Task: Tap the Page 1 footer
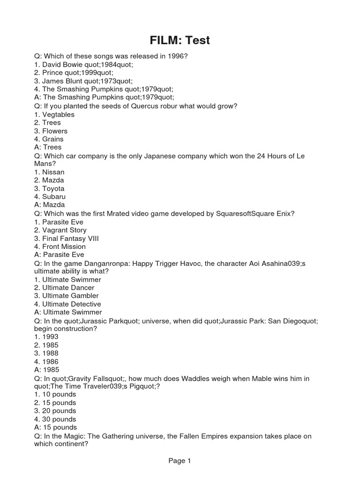(180, 461)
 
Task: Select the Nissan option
(53, 172)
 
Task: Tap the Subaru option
(54, 197)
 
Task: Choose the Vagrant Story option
(64, 230)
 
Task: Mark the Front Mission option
(64, 247)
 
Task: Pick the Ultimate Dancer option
(68, 288)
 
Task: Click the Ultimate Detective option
(70, 304)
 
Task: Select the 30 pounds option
(59, 419)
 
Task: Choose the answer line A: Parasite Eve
(59, 255)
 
